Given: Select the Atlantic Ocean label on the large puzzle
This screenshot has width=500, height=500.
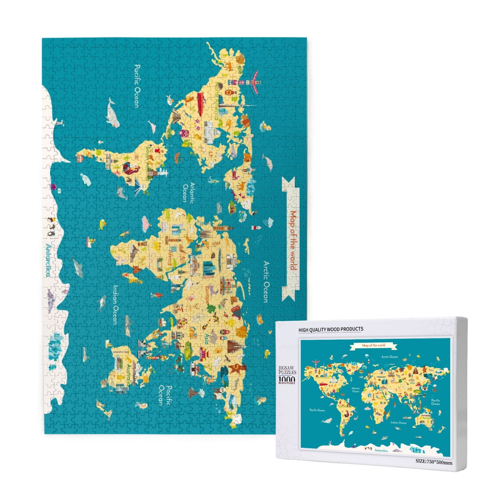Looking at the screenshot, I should tap(189, 192).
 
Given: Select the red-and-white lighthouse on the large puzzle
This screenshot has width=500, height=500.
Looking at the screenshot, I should tap(257, 228).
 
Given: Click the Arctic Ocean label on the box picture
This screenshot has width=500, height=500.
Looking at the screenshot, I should tap(389, 357).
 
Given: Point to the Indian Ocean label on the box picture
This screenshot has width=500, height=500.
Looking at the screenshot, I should tap(398, 422).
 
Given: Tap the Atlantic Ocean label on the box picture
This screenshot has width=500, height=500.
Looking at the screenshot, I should tap(356, 390).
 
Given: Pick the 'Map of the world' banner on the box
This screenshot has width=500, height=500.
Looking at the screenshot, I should tap(373, 345).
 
